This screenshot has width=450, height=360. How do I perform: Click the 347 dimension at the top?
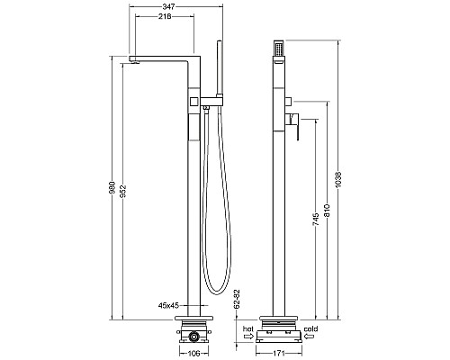tap(169, 6)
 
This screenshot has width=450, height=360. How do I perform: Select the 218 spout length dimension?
tap(165, 17)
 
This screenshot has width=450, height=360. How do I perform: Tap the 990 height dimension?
tap(112, 187)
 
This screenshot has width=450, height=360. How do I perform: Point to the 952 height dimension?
tap(123, 192)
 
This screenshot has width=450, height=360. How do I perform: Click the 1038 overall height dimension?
tap(338, 180)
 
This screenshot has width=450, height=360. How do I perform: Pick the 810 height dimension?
tap(327, 211)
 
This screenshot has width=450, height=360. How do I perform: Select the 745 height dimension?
tap(316, 220)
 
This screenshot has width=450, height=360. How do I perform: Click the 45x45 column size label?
tap(168, 305)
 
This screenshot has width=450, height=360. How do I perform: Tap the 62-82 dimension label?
tap(237, 299)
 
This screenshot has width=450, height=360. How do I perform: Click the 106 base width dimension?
tap(193, 354)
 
